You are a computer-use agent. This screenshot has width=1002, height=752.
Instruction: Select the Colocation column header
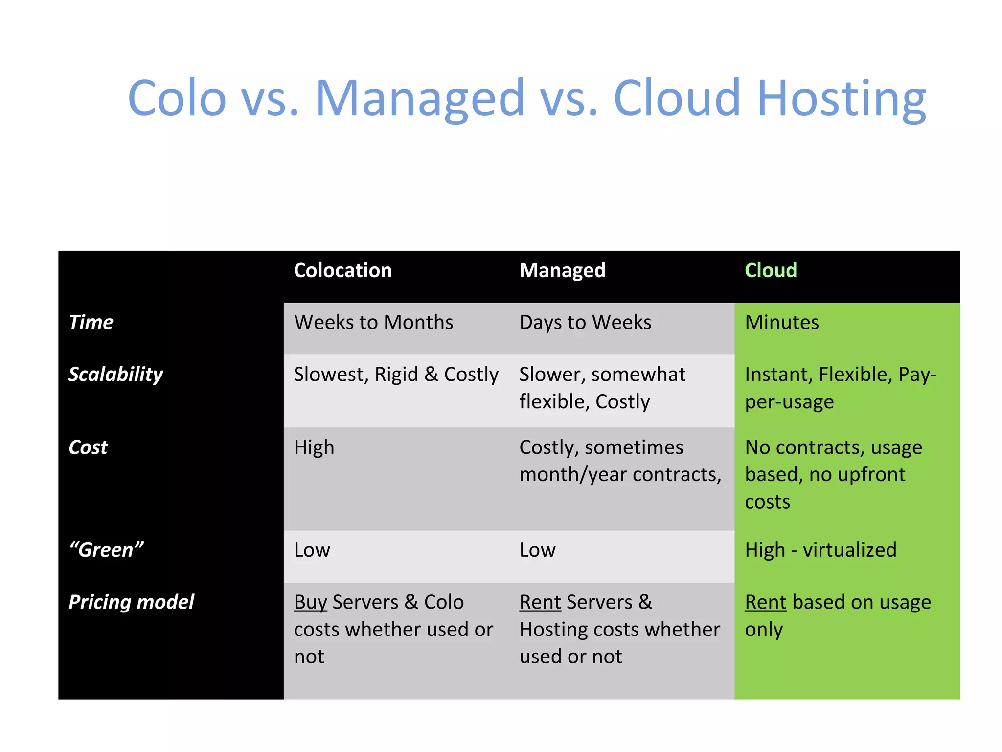(x=342, y=270)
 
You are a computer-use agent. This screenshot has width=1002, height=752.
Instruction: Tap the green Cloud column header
(x=771, y=270)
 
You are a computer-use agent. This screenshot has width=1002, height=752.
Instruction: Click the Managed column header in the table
(x=562, y=270)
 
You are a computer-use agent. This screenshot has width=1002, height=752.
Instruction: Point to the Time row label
(x=91, y=322)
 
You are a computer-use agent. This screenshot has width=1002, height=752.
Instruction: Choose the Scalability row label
(x=115, y=375)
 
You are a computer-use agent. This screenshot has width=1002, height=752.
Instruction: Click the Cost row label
(x=88, y=447)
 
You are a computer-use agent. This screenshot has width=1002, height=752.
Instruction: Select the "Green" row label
(x=106, y=550)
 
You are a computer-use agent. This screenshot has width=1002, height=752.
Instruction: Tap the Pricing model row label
(x=131, y=602)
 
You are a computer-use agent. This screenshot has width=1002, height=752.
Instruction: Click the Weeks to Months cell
(x=373, y=322)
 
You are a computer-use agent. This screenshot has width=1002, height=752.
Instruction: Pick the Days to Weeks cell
(x=585, y=322)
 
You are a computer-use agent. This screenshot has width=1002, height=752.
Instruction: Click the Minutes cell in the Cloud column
(x=781, y=322)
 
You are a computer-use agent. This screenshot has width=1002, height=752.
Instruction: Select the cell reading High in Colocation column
(x=314, y=447)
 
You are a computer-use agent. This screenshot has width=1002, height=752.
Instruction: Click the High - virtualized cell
(x=820, y=550)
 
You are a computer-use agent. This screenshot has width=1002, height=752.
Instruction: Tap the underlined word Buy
(x=310, y=602)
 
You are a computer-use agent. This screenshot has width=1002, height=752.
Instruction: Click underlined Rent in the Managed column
(x=540, y=602)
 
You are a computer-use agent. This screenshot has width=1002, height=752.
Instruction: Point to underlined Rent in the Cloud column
(x=766, y=602)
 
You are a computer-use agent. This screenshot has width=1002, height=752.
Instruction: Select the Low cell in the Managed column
(x=537, y=550)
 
